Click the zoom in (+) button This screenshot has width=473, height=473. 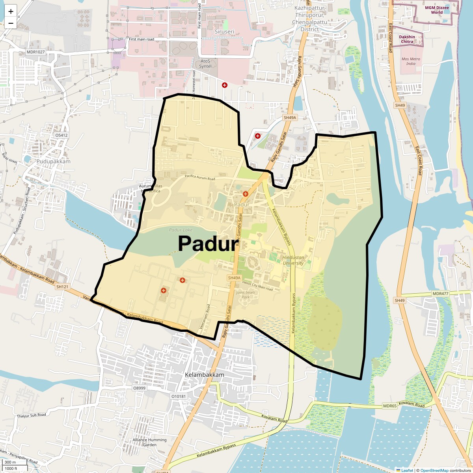[x=11, y=11]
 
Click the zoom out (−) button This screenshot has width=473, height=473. [x=11, y=23]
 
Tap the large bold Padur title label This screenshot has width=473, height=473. [x=208, y=244]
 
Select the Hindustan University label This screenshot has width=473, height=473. [x=293, y=260]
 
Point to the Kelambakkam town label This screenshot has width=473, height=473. [x=204, y=375]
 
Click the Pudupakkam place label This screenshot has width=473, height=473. [x=53, y=161]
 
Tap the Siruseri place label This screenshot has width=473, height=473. [x=224, y=31]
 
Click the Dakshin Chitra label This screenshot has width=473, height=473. [x=407, y=39]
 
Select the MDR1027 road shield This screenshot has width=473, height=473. [x=36, y=52]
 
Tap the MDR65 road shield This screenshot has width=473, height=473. [x=389, y=406]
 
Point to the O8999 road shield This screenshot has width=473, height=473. [x=139, y=388]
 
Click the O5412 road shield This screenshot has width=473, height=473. [x=61, y=135]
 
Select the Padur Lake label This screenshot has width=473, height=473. [x=181, y=230]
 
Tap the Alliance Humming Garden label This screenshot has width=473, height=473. [x=149, y=442]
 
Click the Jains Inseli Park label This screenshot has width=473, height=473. [x=246, y=294]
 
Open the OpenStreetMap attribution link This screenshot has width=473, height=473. [x=434, y=470]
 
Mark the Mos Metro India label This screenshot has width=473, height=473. [x=411, y=61]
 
